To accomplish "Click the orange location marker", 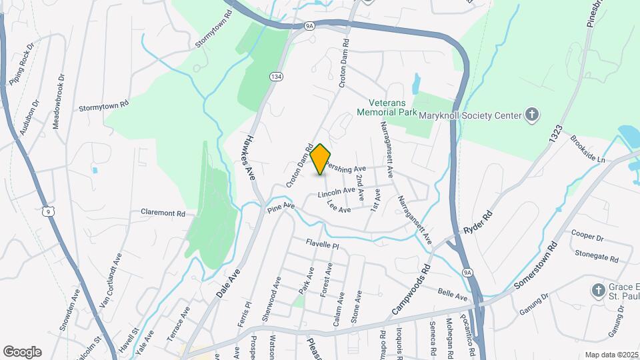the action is click(x=321, y=159).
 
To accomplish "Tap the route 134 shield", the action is click(x=275, y=77).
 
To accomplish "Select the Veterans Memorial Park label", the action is click(x=399, y=108).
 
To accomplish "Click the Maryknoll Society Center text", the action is click(x=469, y=115).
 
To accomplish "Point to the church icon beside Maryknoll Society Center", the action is click(x=531, y=115).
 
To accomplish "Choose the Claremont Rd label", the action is click(x=163, y=213).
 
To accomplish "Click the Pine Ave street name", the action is click(x=281, y=209).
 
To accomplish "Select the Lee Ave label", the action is click(x=339, y=209).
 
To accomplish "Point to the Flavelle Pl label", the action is click(x=323, y=245).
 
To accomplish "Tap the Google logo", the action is click(x=22, y=351).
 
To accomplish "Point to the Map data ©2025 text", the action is click(x=611, y=355).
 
